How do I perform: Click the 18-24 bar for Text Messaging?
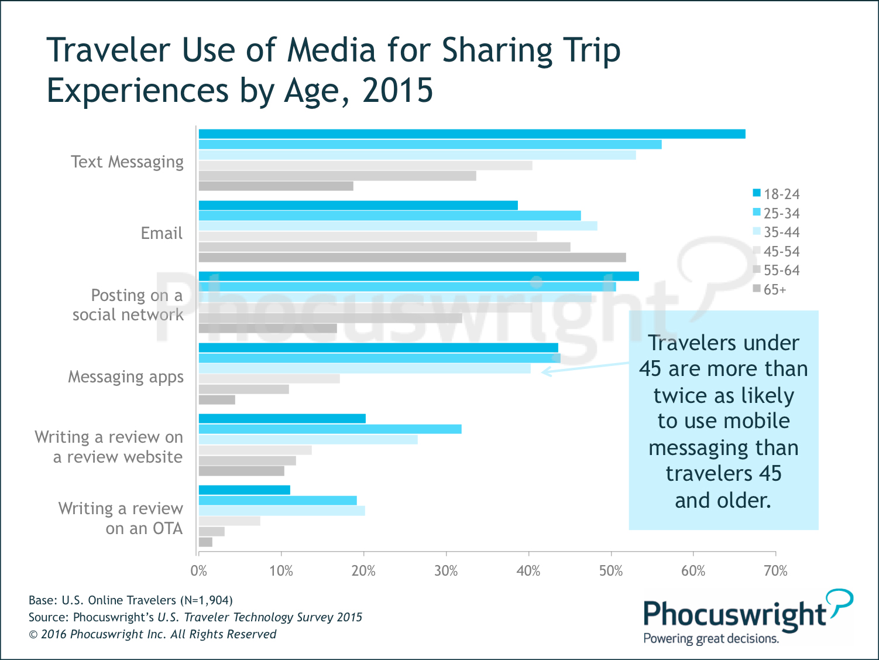click(472, 134)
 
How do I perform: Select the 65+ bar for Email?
click(412, 258)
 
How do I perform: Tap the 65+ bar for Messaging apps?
click(217, 400)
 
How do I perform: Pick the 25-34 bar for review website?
click(330, 429)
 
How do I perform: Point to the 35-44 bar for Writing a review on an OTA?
click(281, 511)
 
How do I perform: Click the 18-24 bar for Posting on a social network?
click(418, 276)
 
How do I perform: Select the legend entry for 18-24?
click(776, 194)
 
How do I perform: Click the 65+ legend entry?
click(770, 289)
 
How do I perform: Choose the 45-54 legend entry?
click(776, 251)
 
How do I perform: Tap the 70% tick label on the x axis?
click(775, 571)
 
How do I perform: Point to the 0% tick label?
click(199, 571)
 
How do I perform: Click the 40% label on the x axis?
click(528, 571)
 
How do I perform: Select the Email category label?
click(162, 233)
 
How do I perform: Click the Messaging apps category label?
click(126, 377)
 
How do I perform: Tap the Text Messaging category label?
click(127, 162)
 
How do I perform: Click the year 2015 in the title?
click(397, 91)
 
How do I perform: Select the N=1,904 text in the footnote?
click(206, 600)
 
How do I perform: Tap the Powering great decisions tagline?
click(710, 638)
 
